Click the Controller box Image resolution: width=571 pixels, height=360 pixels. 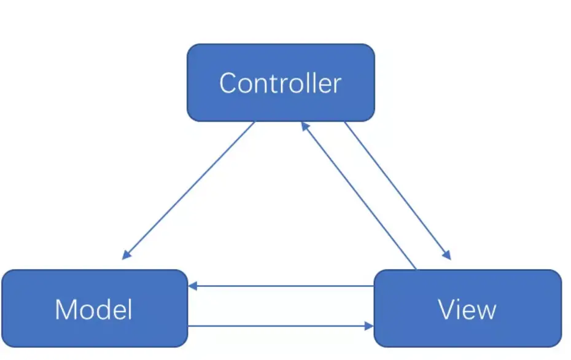[281, 83]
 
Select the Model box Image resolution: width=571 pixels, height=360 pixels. [95, 308]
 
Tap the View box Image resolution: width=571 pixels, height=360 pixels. [468, 308]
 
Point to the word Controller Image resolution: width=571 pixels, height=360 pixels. [281, 83]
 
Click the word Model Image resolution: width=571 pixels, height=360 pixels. [93, 310]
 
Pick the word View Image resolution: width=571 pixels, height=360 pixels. [467, 310]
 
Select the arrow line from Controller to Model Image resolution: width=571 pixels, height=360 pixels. [188, 190]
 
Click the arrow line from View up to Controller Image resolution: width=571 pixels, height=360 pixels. [359, 196]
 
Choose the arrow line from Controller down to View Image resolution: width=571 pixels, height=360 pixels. [398, 191]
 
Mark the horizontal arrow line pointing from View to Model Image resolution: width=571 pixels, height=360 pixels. [281, 286]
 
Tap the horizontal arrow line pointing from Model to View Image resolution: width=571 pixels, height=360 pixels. [281, 326]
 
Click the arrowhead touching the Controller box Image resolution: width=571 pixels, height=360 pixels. [305, 127]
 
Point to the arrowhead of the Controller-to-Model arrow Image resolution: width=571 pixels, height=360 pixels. [126, 255]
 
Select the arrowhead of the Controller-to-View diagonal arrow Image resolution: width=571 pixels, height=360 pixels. [447, 255]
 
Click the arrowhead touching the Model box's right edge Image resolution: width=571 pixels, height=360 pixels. [193, 286]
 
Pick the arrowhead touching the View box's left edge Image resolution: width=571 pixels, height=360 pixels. [370, 326]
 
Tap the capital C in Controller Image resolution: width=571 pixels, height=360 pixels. [228, 83]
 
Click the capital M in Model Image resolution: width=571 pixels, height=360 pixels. [66, 310]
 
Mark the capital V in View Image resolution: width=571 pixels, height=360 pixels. [447, 310]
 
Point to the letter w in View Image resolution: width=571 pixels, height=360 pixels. [486, 313]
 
